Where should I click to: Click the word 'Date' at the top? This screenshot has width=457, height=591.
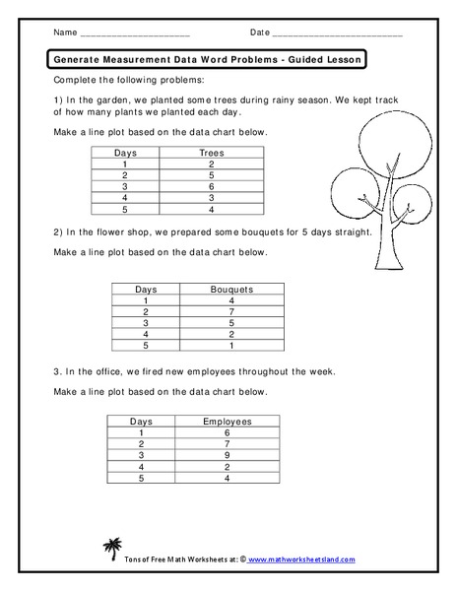click(259, 33)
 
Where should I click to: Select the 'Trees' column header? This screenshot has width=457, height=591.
click(212, 153)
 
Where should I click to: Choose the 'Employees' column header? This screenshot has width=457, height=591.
click(228, 422)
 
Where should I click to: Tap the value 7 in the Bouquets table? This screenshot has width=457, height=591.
click(232, 311)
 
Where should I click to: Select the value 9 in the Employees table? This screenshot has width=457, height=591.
click(228, 455)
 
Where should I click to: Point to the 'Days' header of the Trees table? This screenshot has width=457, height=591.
click(125, 153)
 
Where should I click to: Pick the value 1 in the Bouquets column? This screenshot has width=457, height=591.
click(232, 345)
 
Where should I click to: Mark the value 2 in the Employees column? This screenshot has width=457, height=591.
click(228, 467)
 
